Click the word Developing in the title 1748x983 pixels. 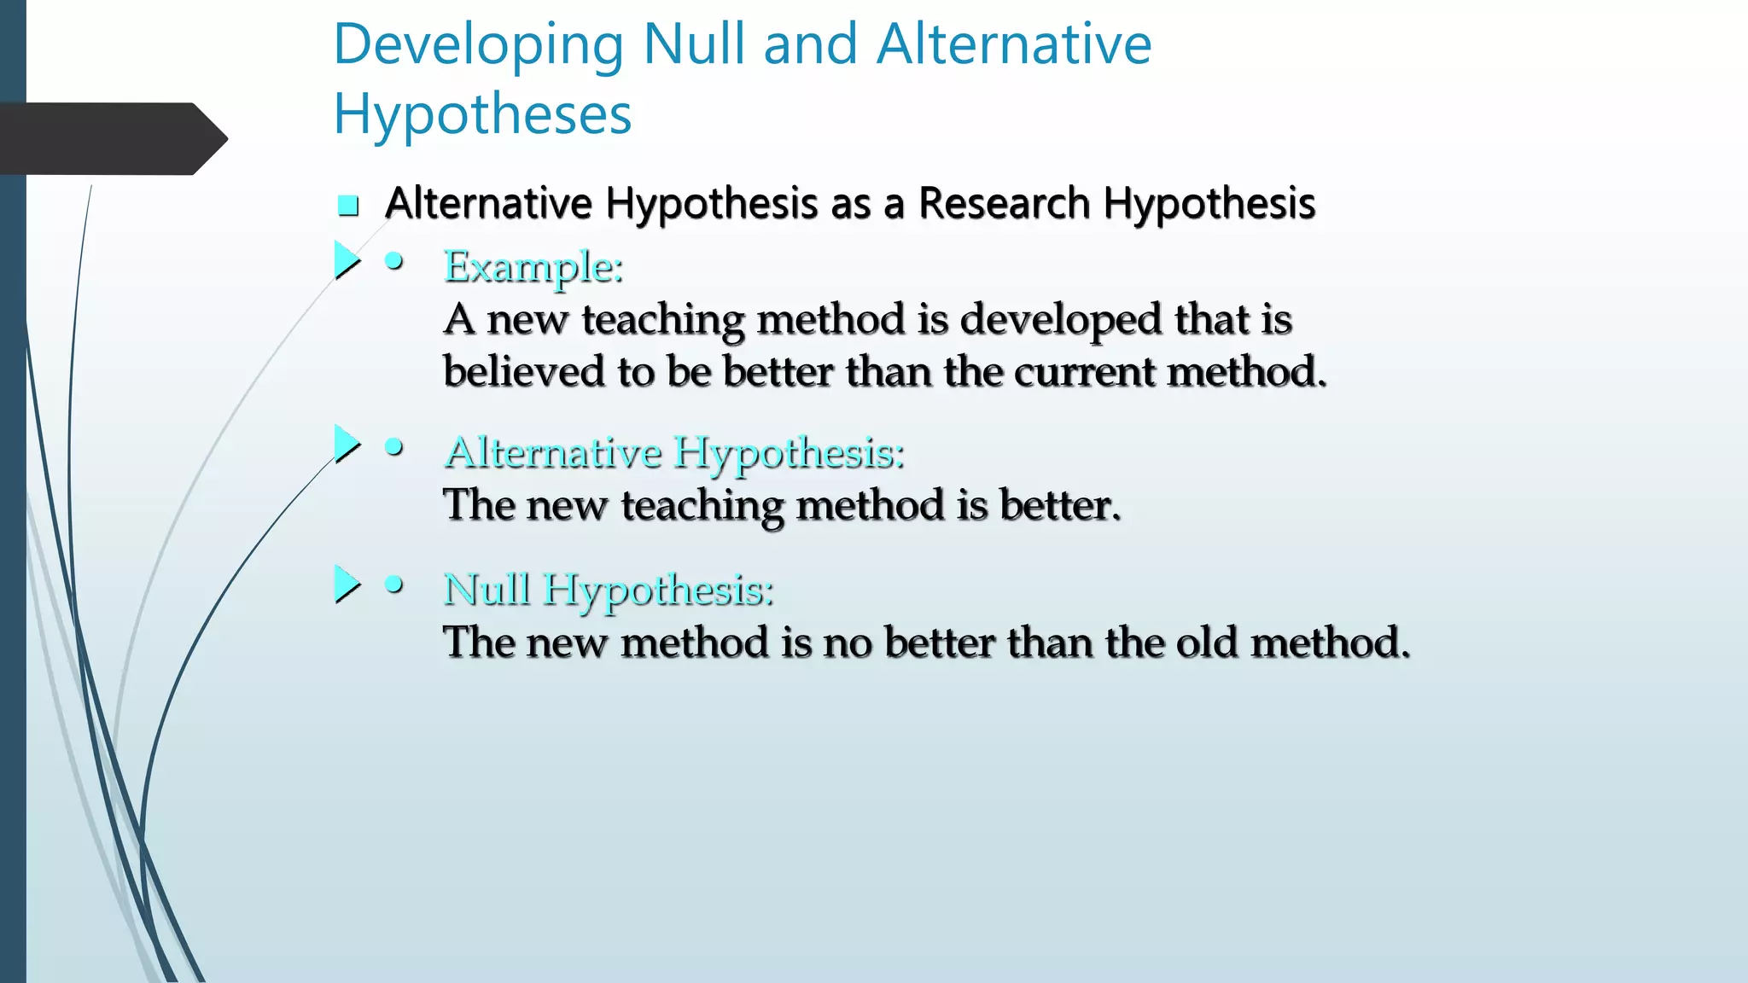(x=478, y=46)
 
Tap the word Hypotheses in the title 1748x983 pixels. (x=482, y=115)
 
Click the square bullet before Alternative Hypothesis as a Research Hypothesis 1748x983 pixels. (x=347, y=206)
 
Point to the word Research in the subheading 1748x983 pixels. (x=1004, y=204)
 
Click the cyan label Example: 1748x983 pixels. (x=533, y=268)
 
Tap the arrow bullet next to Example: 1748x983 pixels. (x=347, y=260)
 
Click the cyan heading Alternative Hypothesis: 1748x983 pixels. (x=674, y=452)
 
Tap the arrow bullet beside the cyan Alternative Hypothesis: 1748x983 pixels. (x=347, y=444)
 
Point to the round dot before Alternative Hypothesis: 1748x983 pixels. (x=393, y=447)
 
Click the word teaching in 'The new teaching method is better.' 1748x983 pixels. (x=702, y=506)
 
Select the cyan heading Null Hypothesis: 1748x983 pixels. (x=609, y=590)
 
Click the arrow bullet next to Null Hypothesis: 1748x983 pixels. (x=347, y=585)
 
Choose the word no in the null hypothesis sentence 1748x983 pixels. (x=847, y=643)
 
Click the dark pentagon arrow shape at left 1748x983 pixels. (x=111, y=139)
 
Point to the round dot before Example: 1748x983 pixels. (x=393, y=262)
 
